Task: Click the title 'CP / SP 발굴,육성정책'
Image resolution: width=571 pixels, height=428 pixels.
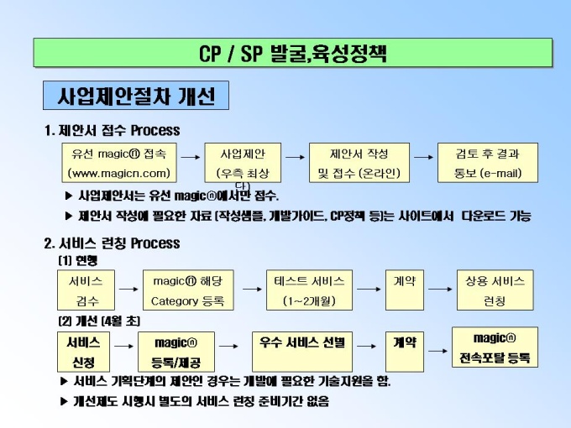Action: tap(293, 53)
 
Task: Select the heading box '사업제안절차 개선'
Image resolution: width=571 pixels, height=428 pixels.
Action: tap(136, 96)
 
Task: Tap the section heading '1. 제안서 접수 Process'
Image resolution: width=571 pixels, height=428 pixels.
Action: tap(112, 130)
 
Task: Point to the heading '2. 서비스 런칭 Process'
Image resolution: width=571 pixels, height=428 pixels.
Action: tap(112, 243)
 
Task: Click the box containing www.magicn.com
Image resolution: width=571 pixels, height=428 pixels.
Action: tap(119, 164)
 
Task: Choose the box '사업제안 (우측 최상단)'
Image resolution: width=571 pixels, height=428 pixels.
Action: tap(243, 164)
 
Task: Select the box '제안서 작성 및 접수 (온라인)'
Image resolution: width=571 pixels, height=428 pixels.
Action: tap(359, 164)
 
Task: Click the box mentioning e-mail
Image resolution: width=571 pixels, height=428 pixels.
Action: tap(487, 164)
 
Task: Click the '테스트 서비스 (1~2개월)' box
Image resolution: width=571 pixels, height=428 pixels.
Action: tap(308, 290)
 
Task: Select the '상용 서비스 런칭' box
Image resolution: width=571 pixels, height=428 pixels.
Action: tap(495, 290)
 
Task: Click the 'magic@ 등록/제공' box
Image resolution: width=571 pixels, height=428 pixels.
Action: tap(176, 352)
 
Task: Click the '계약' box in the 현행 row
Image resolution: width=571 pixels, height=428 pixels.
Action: tap(404, 290)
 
